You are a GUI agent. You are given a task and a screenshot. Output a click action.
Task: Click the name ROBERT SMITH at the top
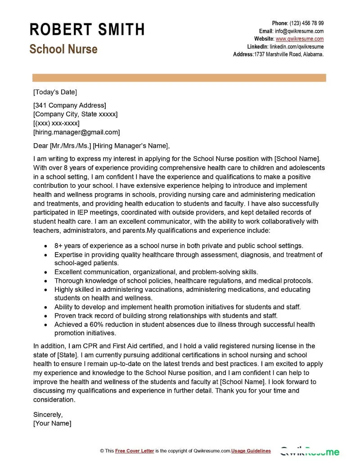(87, 30)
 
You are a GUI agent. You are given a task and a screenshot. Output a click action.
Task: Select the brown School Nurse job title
(63, 49)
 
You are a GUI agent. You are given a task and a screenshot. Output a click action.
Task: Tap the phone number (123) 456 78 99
(306, 23)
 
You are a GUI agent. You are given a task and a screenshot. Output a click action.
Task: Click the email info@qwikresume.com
(299, 31)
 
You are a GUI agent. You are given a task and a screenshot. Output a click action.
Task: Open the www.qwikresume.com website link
(299, 39)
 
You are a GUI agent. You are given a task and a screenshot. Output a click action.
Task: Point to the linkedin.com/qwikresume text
(297, 46)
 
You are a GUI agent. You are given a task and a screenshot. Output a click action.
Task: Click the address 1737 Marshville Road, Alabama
(289, 54)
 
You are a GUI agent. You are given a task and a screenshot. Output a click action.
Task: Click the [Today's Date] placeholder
(55, 92)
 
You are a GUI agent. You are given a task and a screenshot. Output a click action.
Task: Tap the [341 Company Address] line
(70, 105)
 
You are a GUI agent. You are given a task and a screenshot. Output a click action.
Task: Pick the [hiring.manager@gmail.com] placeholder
(76, 132)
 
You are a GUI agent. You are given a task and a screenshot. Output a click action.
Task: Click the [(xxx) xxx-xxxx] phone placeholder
(56, 123)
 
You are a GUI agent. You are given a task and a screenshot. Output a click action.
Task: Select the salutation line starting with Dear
(102, 145)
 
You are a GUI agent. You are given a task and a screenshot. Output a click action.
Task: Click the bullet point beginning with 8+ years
(179, 246)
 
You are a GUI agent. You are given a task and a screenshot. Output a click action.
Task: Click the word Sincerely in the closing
(48, 414)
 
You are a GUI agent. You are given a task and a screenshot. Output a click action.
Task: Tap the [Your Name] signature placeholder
(52, 423)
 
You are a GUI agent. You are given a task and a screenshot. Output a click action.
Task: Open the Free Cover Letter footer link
(135, 451)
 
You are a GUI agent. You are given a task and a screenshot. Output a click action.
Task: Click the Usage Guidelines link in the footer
(251, 451)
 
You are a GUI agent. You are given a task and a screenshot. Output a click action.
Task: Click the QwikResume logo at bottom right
(310, 451)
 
